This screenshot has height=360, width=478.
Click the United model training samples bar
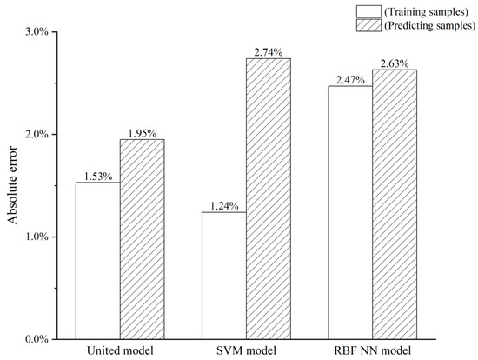tap(97, 260)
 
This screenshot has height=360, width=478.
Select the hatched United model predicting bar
tap(142, 238)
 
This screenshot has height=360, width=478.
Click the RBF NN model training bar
tap(349, 212)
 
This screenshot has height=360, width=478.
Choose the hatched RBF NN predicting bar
tap(395, 203)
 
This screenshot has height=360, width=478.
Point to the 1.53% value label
tap(97, 176)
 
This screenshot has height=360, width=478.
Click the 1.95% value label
tap(142, 133)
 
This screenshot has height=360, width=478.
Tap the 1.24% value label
tap(224, 205)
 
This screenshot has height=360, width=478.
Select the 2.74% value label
tap(269, 52)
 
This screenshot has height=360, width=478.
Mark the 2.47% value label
tap(349, 80)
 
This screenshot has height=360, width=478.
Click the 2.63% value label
tap(395, 63)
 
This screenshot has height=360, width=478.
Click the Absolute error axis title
tap(13, 185)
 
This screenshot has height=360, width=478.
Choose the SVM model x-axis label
tap(246, 351)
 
